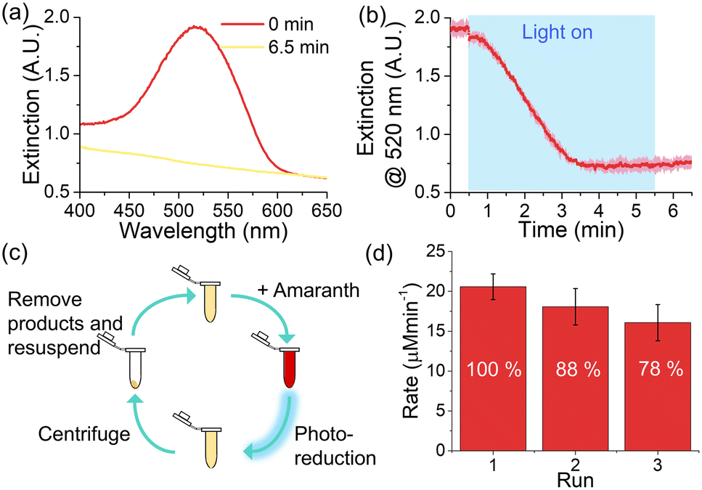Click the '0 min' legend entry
pyautogui.click(x=291, y=24)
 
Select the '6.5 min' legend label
pyautogui.click(x=298, y=47)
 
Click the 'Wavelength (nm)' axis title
pyautogui.click(x=203, y=230)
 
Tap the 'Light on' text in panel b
pyautogui.click(x=558, y=32)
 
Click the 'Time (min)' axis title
pyautogui.click(x=571, y=229)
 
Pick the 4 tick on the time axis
pyautogui.click(x=599, y=211)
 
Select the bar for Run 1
pyautogui.click(x=494, y=368)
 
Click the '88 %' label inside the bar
pyautogui.click(x=578, y=369)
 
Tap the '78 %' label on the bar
pyautogui.click(x=661, y=369)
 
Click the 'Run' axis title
pyautogui.click(x=575, y=480)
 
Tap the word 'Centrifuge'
pyautogui.click(x=84, y=433)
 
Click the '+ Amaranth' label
pyautogui.click(x=309, y=290)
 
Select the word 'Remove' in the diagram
pyautogui.click(x=45, y=299)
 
